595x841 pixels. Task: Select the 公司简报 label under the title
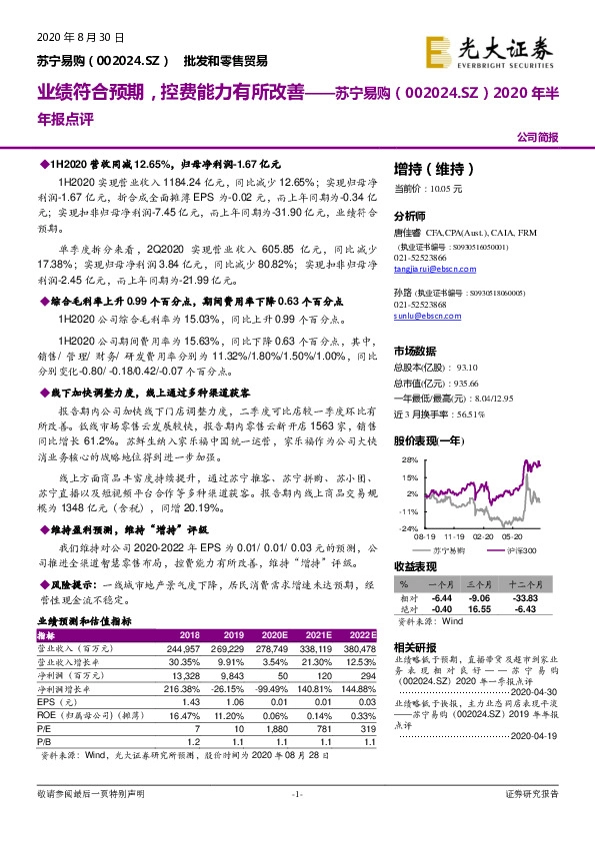pyautogui.click(x=537, y=136)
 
